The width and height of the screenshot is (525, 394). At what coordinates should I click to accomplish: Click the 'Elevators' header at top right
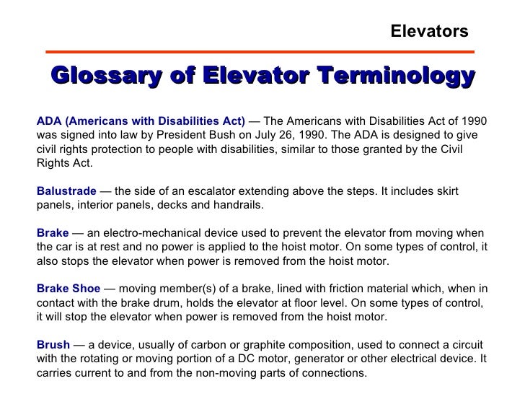click(x=429, y=31)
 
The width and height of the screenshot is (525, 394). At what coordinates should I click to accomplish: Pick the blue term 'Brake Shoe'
click(x=69, y=286)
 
